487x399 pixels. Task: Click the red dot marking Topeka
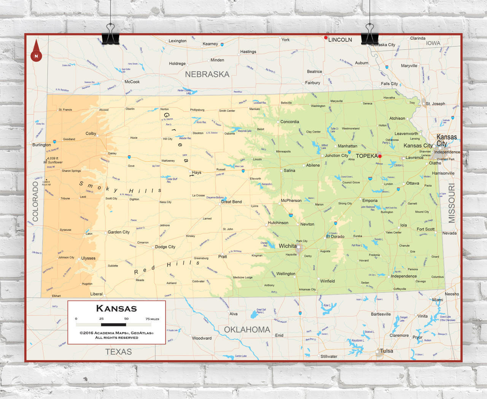click(380, 156)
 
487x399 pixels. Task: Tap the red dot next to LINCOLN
click(326, 38)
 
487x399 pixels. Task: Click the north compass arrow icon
click(37, 51)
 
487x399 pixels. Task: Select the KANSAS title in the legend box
click(116, 308)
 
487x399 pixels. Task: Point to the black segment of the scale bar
click(113, 324)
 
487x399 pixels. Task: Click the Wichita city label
click(287, 246)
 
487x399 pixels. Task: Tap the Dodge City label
click(165, 247)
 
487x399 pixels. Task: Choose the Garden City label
click(118, 232)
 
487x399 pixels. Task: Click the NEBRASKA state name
click(207, 75)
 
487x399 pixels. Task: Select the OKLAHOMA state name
click(247, 330)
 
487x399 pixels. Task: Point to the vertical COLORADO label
click(35, 201)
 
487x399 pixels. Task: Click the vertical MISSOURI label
click(452, 203)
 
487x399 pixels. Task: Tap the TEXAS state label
click(118, 352)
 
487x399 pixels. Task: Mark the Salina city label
click(289, 171)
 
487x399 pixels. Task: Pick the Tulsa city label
click(386, 351)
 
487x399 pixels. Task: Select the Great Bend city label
click(231, 202)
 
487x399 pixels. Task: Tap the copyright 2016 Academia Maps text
click(116, 333)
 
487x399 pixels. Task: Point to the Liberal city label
click(96, 294)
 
